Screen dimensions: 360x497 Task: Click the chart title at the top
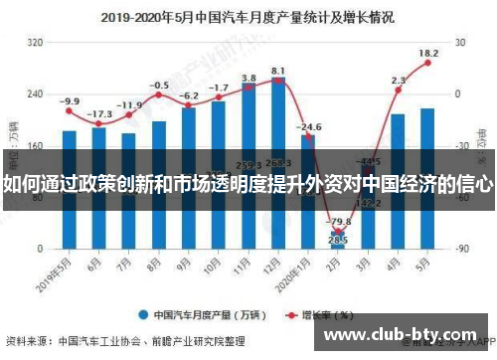248,17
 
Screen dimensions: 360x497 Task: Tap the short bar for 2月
337,240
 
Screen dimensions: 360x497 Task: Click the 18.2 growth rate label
428,53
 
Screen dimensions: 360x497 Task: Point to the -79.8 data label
340,222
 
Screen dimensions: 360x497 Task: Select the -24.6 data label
310,127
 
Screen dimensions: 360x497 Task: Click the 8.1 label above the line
279,71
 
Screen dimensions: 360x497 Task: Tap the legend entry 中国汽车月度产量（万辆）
205,314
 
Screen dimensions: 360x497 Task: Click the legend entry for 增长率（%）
323,314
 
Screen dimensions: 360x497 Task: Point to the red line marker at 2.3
398,90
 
